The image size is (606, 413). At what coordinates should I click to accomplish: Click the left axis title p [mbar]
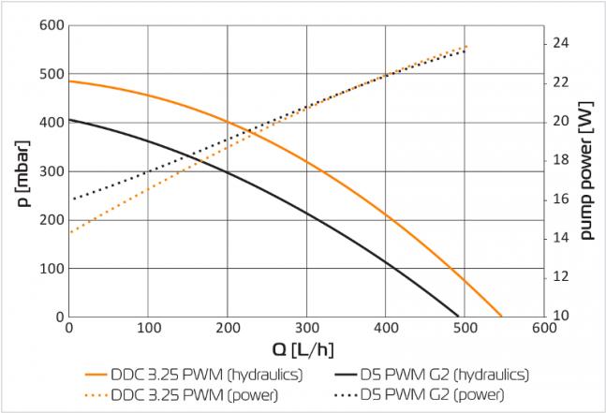(x=21, y=170)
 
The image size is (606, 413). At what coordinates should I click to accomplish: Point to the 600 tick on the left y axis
(x=50, y=25)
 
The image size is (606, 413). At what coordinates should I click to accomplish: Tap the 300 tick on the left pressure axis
(x=50, y=171)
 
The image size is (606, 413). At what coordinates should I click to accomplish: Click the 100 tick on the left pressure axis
(x=50, y=269)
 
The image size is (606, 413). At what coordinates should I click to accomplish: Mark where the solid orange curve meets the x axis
(x=502, y=317)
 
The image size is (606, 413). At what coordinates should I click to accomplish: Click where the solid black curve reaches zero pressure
(x=459, y=317)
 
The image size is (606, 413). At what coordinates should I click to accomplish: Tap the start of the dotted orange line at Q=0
(x=69, y=232)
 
